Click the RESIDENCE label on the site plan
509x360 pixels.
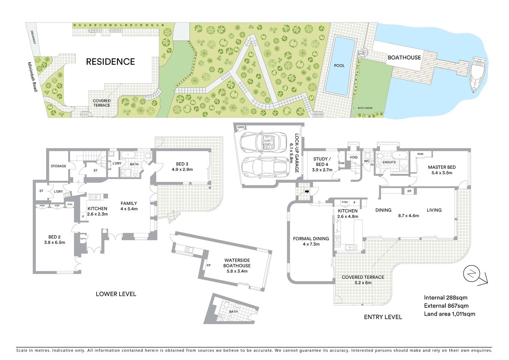pos(111,61)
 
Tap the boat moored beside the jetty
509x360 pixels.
pos(479,75)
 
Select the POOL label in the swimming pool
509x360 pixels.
pos(339,66)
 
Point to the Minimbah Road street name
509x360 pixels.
pos(32,77)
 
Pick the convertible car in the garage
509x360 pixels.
pos(263,142)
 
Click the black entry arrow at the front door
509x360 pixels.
pos(307,191)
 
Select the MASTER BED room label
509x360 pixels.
pos(442,167)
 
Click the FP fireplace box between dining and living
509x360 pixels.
pos(409,191)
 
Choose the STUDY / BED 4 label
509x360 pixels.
pos(322,162)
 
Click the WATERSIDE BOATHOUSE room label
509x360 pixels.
pos(237,263)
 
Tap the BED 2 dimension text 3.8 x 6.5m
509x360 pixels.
pos(55,243)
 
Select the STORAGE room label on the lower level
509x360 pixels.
pos(58,166)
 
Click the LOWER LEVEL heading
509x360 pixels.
pos(116,294)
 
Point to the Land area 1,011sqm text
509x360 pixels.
pos(449,314)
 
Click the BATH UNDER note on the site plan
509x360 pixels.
pos(365,108)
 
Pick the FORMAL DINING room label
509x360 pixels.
pos(311,238)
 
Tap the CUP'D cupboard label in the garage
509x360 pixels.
pos(241,127)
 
